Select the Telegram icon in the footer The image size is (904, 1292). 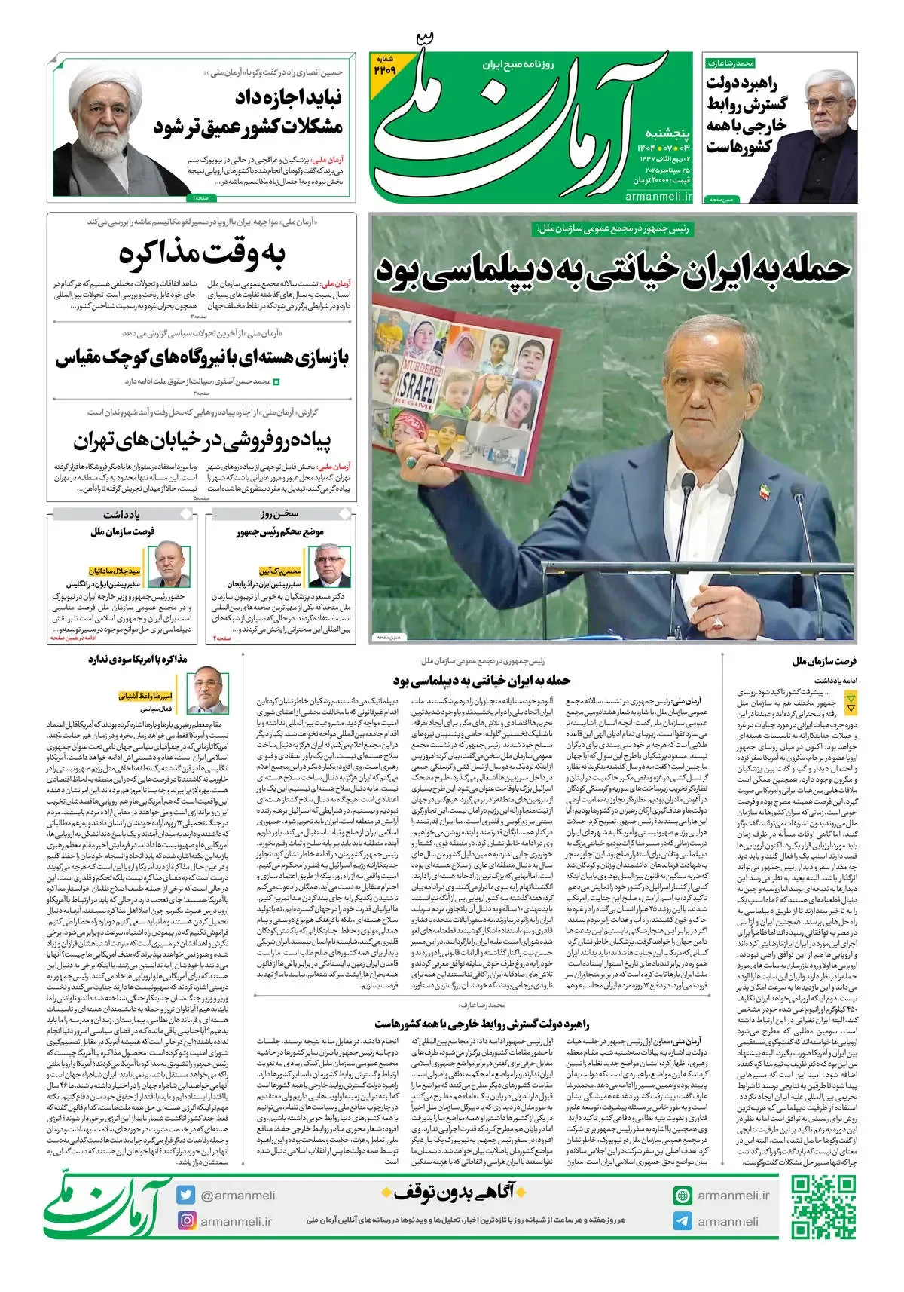click(x=683, y=1221)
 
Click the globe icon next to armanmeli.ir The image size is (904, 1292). click(x=683, y=1196)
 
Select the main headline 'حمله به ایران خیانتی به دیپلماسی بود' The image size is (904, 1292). click(x=612, y=269)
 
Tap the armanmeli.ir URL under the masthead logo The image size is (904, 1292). click(x=658, y=196)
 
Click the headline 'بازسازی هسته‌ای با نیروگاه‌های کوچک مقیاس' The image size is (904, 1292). click(x=203, y=357)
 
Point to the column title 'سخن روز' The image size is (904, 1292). click(x=279, y=514)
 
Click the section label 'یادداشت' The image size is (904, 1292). click(x=122, y=514)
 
